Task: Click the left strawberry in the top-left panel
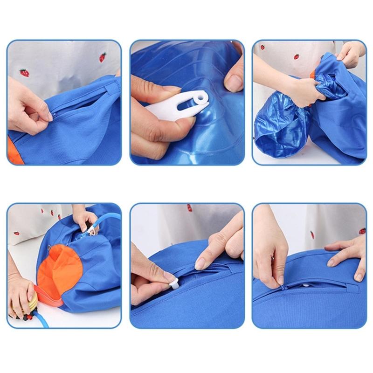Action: [x=24, y=73]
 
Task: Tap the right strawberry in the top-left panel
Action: [x=103, y=57]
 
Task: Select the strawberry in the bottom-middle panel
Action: [x=189, y=208]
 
